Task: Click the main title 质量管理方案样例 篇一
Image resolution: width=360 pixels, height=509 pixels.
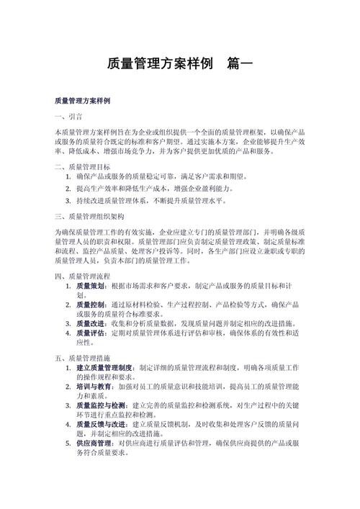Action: coord(179,64)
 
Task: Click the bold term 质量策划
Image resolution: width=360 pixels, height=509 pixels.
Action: coord(91,287)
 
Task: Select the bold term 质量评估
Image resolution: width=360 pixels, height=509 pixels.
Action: coord(91,333)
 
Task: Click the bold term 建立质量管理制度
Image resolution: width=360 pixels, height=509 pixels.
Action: coord(105,368)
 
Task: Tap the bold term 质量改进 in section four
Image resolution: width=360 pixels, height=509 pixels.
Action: coord(91,324)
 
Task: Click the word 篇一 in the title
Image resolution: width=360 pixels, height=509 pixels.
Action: coord(239,64)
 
